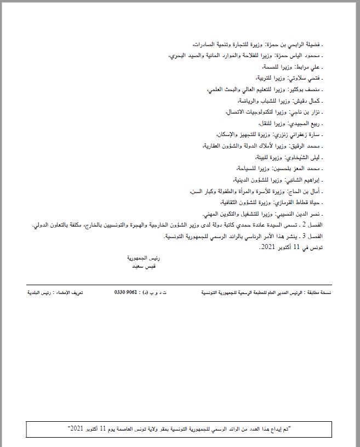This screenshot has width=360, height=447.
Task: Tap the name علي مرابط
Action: pyautogui.click(x=310, y=67)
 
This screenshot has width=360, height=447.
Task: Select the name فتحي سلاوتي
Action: pyautogui.click(x=307, y=78)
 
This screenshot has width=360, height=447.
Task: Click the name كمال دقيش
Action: pyautogui.click(x=308, y=101)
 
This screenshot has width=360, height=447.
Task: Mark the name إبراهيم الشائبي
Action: pyautogui.click(x=302, y=180)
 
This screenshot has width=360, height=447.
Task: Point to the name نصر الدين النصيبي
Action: pyautogui.click(x=299, y=214)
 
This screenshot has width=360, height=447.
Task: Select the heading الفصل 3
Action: pyautogui.click(x=322, y=236)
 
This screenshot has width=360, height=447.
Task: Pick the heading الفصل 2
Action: pyautogui.click(x=322, y=225)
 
